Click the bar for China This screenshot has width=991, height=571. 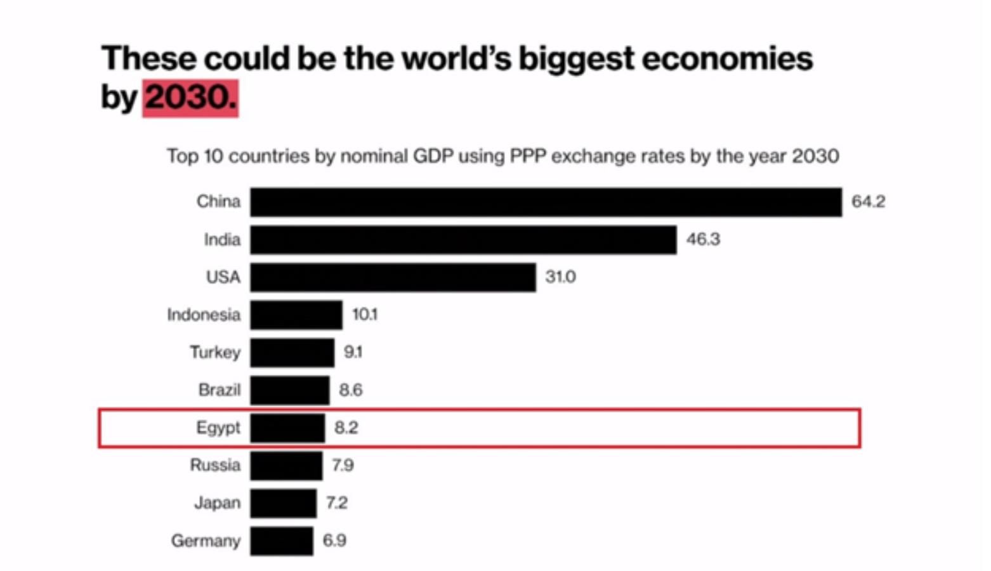click(546, 202)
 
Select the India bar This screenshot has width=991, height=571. click(463, 240)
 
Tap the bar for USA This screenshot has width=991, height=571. click(393, 277)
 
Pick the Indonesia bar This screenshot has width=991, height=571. click(296, 315)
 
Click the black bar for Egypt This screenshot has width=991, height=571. click(287, 428)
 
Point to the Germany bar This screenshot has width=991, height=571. click(282, 541)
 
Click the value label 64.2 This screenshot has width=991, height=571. click(868, 202)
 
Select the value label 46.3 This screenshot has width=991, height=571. click(703, 239)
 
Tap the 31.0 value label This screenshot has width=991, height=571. click(560, 277)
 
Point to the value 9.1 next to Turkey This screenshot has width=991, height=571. click(353, 352)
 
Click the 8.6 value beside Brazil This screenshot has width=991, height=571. click(351, 390)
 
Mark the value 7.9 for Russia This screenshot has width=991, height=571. click(343, 465)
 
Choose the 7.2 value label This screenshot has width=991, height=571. click(337, 502)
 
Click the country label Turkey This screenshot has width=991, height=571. click(215, 352)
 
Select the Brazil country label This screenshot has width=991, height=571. click(219, 390)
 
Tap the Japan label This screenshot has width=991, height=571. click(217, 502)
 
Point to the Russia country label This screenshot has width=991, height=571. click(215, 465)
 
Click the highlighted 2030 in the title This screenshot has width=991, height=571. click(190, 98)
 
